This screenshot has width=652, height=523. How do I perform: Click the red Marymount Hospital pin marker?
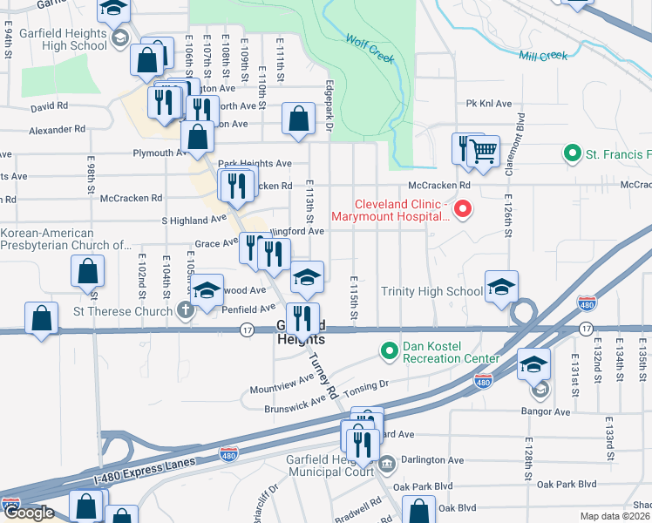point(464,209)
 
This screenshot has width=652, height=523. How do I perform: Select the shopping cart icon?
point(483,151)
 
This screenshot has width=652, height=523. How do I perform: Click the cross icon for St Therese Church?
point(184,311)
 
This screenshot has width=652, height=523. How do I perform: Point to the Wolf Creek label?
point(370,51)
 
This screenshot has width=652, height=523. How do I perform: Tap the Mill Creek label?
point(542,56)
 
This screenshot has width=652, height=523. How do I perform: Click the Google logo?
point(29,513)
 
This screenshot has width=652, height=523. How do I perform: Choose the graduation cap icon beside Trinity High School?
point(501,287)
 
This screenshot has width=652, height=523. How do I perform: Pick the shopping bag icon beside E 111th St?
point(298,119)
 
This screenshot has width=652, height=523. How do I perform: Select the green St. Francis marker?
point(572,155)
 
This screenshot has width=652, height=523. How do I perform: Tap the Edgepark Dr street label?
point(329,105)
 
